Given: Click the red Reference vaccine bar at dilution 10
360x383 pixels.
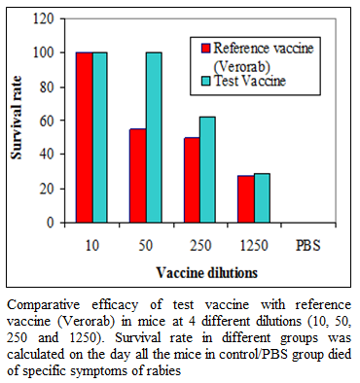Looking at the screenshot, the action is pos(85,137).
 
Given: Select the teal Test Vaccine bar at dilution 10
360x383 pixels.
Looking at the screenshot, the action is pos(100,137).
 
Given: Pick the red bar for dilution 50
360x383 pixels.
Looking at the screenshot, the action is pos(138,176).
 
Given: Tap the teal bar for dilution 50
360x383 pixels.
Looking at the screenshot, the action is pos(154,137).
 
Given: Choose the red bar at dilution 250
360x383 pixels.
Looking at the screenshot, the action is pos(192,180).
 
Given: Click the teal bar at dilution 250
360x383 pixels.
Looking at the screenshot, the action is pos(207,170).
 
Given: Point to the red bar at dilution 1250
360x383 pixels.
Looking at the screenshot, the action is pos(246,199).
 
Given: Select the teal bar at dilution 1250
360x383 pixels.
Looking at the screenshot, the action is pos(262,198).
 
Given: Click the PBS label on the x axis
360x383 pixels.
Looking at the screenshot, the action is pos(308,245).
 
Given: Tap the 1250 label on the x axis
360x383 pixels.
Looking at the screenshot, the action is pos(254,245).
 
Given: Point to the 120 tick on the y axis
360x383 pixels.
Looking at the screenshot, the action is pos(44,19).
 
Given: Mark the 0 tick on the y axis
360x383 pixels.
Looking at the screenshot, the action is pos(51,223).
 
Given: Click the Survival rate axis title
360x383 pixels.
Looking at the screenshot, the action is pos(17,118).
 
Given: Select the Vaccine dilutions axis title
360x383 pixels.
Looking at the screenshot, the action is pos(207,273).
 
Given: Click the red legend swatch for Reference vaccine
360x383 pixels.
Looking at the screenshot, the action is pos(206,49).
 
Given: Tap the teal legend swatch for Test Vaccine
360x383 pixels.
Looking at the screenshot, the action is pos(206,81).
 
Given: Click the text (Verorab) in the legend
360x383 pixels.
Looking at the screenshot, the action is pos(242,66).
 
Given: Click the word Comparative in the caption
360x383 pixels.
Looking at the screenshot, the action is pos(43,305).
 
